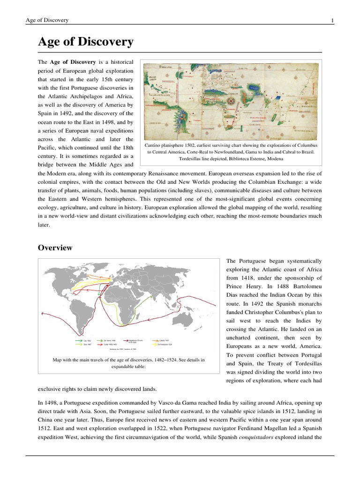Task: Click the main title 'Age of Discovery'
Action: pos(85,42)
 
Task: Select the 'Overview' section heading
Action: pos(55,247)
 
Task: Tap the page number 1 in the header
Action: pos(332,20)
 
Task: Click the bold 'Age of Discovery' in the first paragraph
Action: pos(73,62)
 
